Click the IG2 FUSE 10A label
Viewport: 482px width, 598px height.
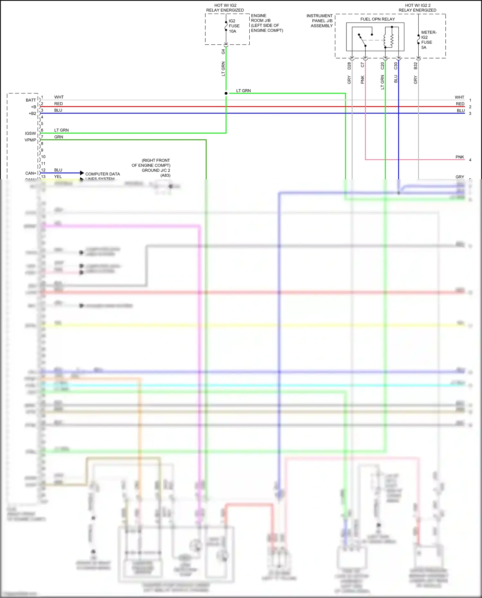coord(234,26)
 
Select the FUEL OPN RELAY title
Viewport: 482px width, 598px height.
coord(378,19)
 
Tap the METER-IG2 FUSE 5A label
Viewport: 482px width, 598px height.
coord(428,40)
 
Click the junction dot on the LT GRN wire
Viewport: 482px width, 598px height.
coord(226,93)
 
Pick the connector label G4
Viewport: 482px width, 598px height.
coord(223,51)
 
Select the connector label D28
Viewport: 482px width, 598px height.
coord(349,66)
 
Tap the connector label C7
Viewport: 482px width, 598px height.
coord(363,65)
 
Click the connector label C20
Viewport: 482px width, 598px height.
coord(382,66)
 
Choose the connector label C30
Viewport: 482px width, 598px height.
coord(396,66)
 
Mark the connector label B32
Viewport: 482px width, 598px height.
coord(415,66)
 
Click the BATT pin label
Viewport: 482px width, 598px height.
coord(31,100)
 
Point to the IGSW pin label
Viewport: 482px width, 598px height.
coord(31,133)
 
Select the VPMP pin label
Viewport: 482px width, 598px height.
coord(31,140)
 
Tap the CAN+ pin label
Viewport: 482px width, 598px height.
coord(31,173)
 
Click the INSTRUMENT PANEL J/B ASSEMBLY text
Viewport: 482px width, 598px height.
coord(320,21)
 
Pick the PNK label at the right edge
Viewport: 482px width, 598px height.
coord(460,157)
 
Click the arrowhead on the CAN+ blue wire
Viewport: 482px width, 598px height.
coord(82,173)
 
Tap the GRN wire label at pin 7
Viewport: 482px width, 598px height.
coord(58,137)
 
